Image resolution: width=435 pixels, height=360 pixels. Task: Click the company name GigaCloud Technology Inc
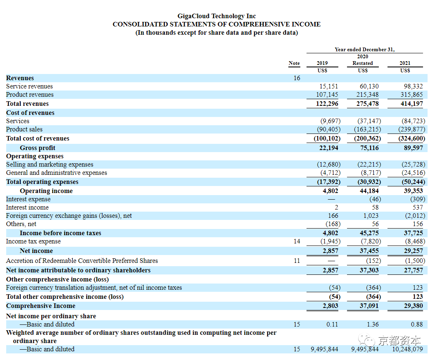216,16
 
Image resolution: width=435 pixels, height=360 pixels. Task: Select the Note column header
294,63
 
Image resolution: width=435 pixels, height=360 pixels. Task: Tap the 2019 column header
322,63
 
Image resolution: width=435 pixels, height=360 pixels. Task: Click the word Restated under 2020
363,63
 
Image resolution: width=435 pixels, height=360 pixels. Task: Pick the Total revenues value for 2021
411,104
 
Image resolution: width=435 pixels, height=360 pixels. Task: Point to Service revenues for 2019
329,86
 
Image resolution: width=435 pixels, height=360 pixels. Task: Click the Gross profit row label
38,148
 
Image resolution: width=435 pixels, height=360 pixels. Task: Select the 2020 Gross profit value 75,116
369,148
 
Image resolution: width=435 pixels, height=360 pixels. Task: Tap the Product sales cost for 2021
412,129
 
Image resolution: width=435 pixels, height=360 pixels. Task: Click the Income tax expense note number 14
297,241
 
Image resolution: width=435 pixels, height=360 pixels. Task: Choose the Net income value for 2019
330,251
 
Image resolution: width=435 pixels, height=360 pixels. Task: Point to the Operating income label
46,191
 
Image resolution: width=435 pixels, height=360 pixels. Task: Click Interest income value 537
418,207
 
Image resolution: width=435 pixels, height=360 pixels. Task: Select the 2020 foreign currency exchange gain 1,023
371,216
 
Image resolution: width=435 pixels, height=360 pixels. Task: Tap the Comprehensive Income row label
41,306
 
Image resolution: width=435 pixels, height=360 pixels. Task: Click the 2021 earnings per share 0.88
417,324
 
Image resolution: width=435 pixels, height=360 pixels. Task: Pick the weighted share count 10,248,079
407,349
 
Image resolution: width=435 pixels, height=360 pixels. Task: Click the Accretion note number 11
297,261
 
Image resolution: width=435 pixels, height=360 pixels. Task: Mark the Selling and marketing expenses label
50,165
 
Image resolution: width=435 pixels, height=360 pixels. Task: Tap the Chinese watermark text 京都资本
399,341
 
